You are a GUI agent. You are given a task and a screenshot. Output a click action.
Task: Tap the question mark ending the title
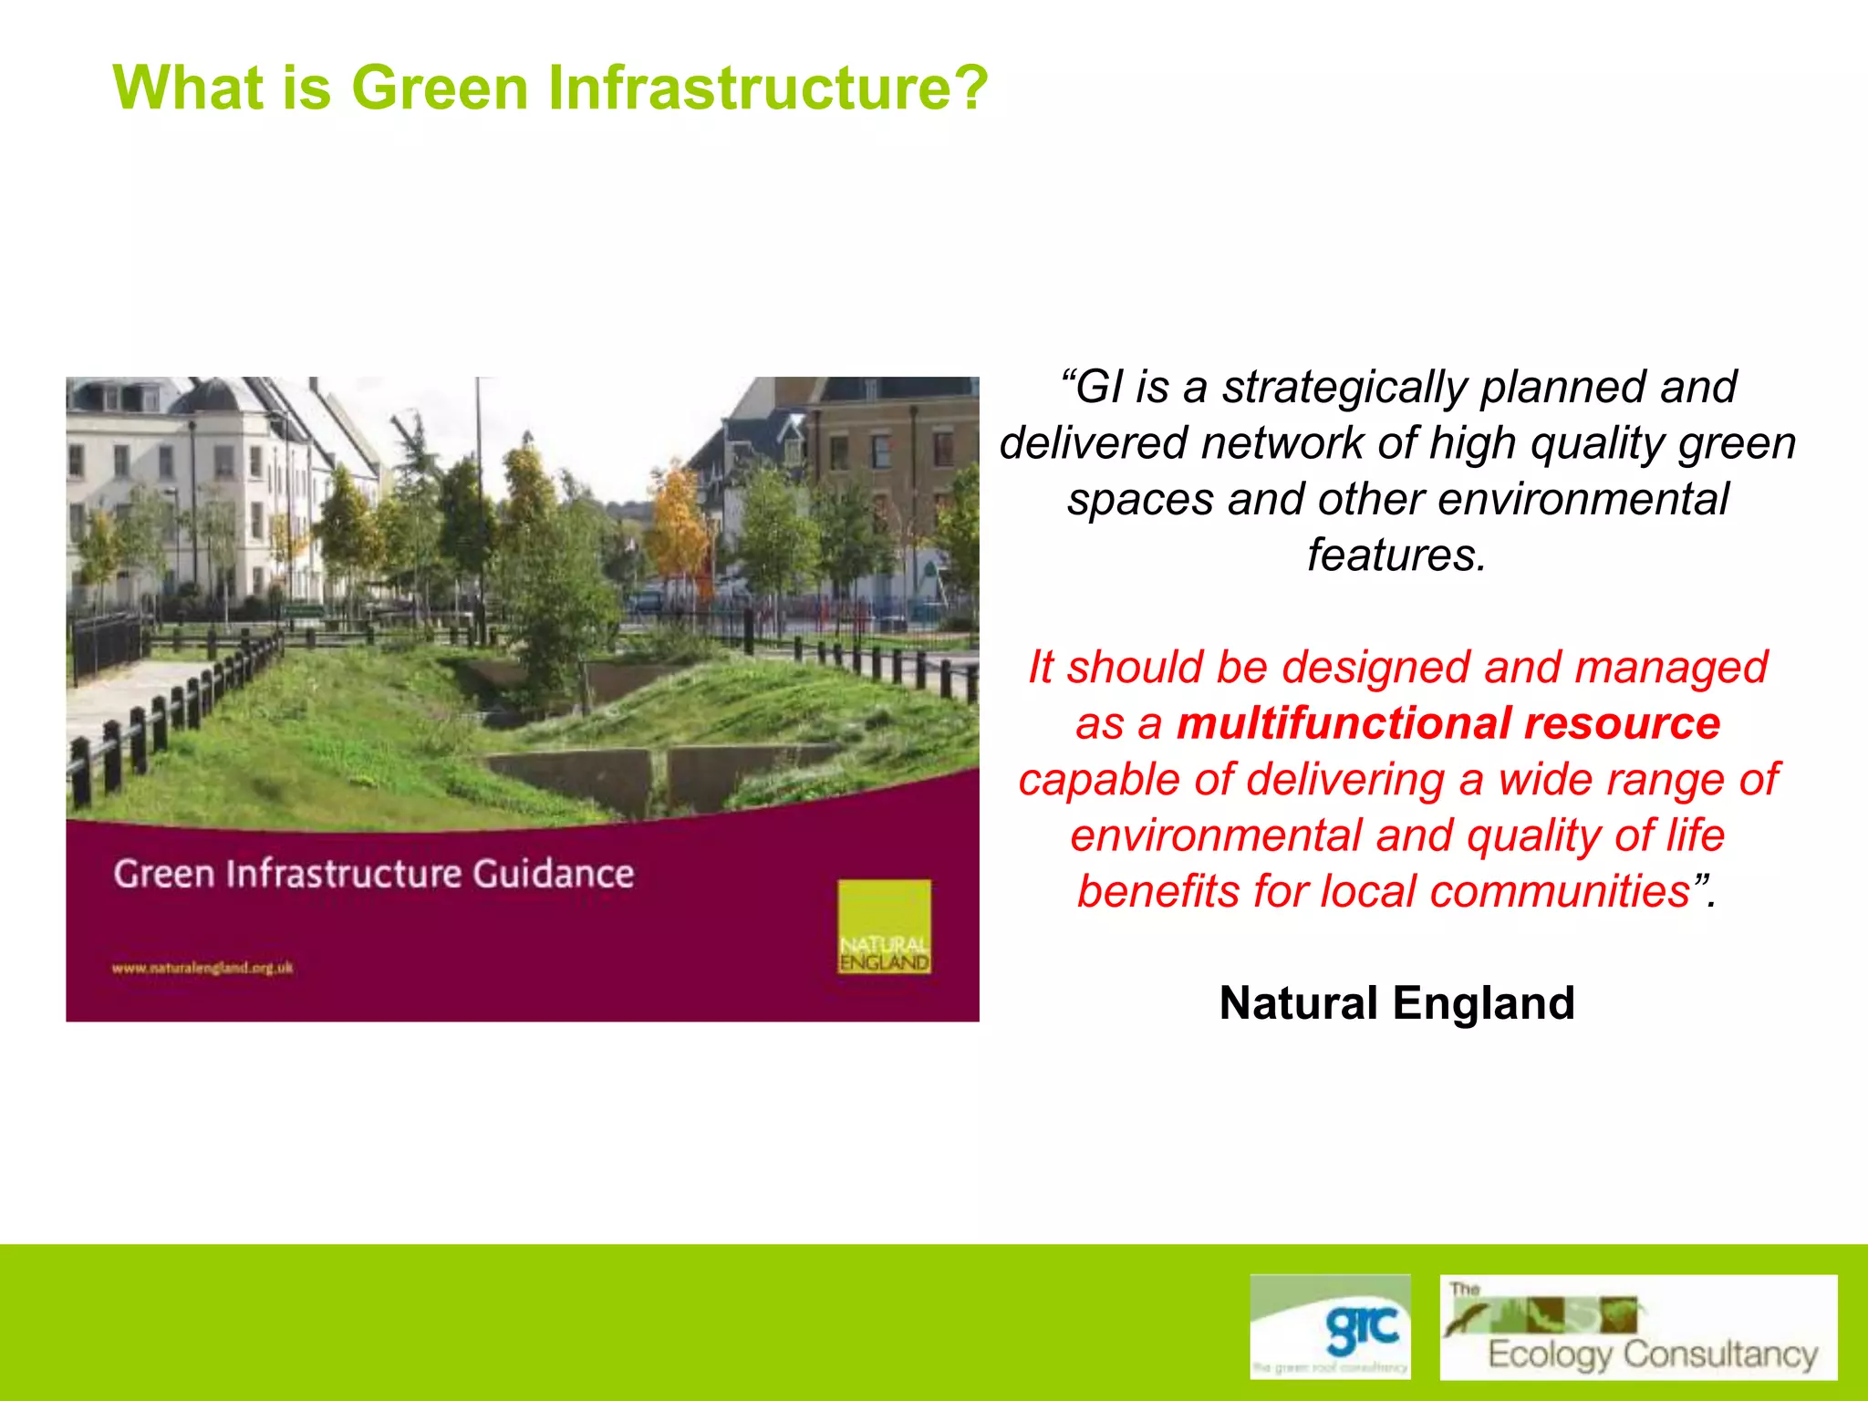point(969,88)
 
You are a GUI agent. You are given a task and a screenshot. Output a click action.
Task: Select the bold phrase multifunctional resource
point(1448,724)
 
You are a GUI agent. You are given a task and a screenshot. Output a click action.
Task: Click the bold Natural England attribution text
point(1396,1003)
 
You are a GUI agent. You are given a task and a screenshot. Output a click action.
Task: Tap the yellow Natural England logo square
point(884,926)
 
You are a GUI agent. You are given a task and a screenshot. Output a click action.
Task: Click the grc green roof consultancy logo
point(1330,1325)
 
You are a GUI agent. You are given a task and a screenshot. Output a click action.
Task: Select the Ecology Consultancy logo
point(1638,1327)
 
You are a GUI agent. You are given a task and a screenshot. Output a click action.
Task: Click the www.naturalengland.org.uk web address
point(202,968)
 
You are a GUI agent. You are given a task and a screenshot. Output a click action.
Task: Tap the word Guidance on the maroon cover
point(553,874)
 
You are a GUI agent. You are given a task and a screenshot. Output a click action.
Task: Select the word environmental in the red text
point(1216,836)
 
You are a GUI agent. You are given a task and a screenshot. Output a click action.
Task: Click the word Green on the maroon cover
point(163,874)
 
